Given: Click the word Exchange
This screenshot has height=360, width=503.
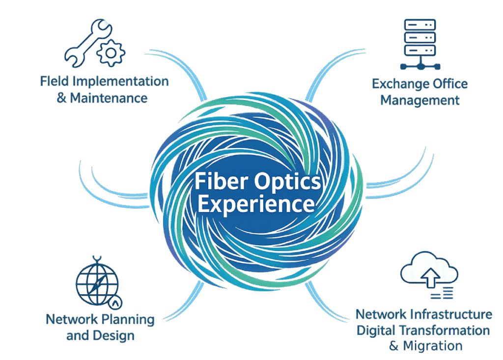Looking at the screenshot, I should point(398,83).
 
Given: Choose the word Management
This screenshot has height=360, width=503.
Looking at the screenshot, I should point(420,100).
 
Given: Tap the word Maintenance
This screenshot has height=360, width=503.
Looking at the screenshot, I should point(109,98).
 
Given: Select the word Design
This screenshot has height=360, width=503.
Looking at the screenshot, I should point(116,336).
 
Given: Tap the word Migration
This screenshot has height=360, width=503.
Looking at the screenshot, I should point(433,346).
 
